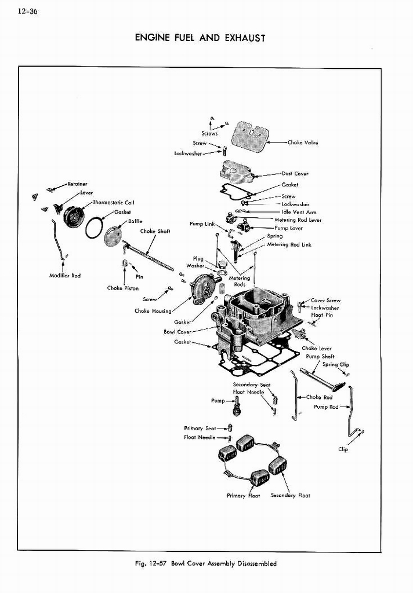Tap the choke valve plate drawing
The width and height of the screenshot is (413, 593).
click(250, 137)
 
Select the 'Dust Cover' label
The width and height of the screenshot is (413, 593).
click(295, 173)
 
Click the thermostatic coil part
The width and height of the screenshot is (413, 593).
click(74, 217)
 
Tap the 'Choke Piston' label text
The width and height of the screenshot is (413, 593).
click(123, 288)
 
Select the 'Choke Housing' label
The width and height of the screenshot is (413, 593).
click(153, 311)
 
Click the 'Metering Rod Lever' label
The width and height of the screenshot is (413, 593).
click(298, 220)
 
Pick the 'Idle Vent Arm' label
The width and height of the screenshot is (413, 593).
click(299, 212)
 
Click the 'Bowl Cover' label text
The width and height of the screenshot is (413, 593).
click(177, 332)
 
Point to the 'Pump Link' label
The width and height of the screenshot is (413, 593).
click(202, 224)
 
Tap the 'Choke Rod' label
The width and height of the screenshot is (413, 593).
click(319, 397)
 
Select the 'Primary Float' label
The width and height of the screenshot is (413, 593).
click(244, 495)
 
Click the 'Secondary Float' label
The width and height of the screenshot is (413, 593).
click(290, 495)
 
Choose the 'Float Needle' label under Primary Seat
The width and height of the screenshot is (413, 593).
click(200, 437)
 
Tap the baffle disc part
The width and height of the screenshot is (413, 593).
click(113, 236)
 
